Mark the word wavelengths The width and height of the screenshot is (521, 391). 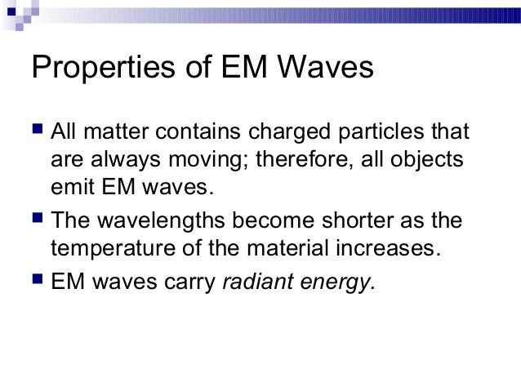point(164,223)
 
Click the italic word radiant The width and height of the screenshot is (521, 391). point(259,282)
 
